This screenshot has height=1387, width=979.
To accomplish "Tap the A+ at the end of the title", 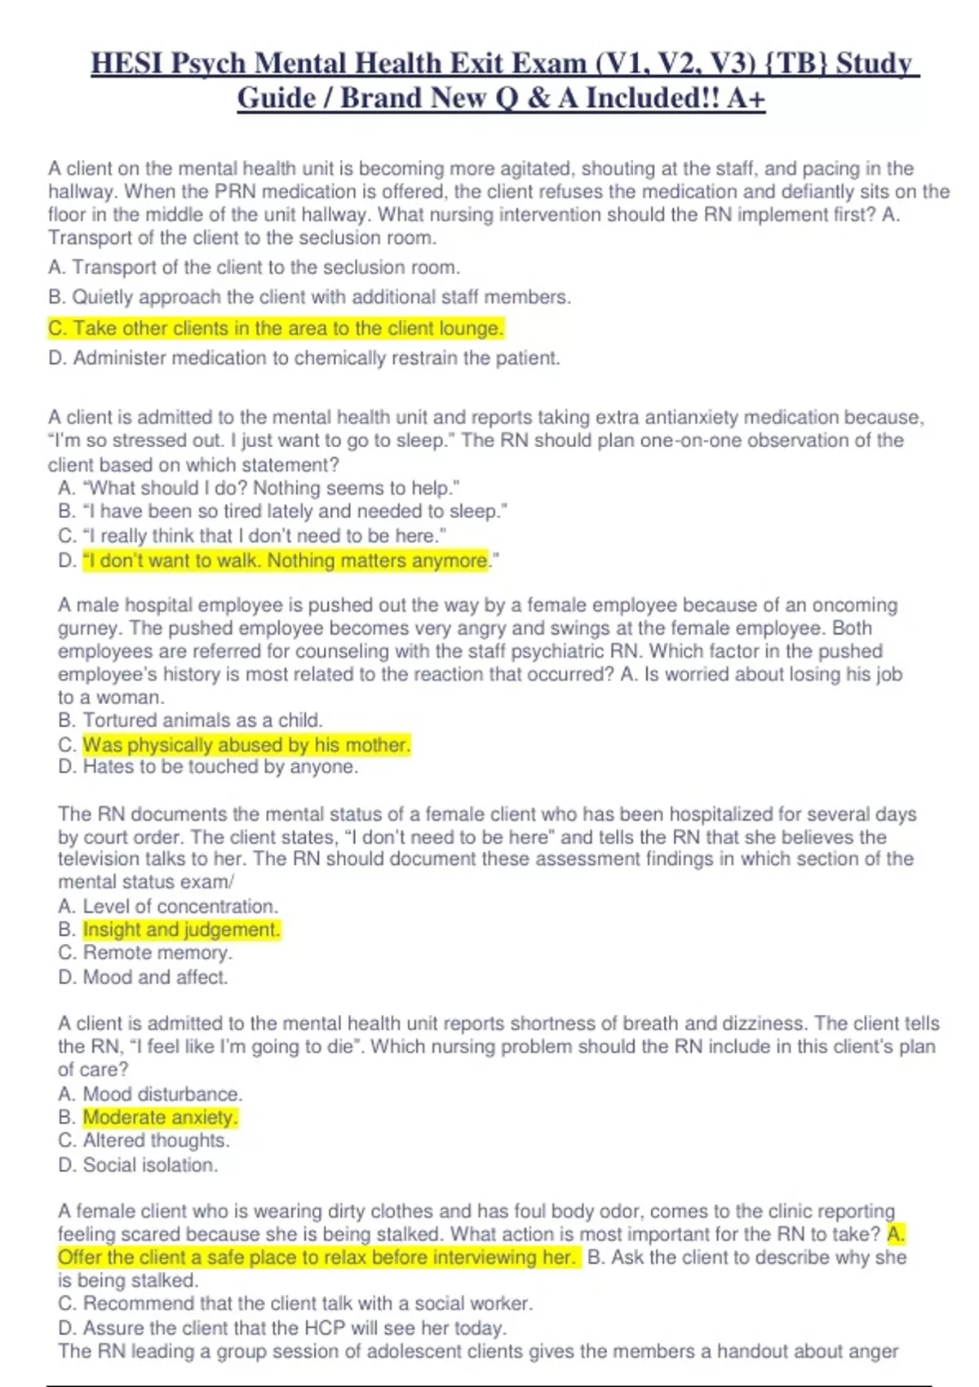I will [746, 99].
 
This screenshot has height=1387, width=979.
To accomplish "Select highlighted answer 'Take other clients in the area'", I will [276, 328].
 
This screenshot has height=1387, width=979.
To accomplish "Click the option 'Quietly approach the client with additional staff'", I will [310, 297].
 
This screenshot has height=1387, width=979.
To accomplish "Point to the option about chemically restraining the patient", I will [304, 358].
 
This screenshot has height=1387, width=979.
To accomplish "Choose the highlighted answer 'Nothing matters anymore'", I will [286, 561].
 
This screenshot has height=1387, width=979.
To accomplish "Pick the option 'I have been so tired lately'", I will [283, 512].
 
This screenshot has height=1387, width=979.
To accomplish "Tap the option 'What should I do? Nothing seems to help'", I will [259, 488].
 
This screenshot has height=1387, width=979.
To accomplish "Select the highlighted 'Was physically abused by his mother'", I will [246, 745].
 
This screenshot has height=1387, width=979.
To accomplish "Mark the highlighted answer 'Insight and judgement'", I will [181, 930].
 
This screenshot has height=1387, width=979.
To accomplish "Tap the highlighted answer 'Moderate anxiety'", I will [160, 1118].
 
